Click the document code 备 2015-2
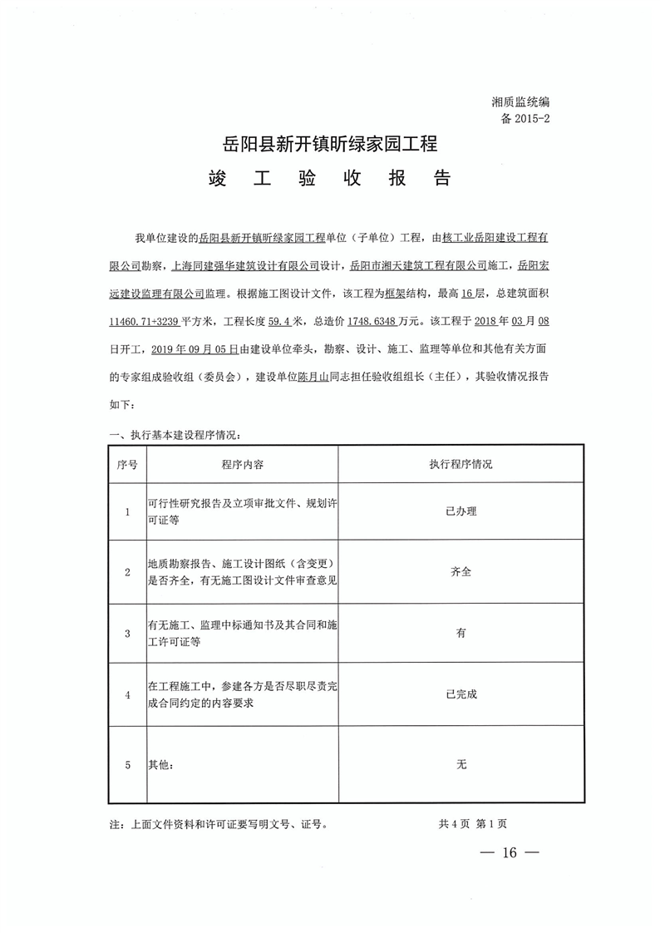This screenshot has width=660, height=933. (525, 118)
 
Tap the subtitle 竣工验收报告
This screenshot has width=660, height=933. (331, 179)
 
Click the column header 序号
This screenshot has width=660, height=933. (127, 464)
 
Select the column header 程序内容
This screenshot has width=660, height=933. (243, 464)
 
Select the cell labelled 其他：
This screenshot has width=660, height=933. (162, 764)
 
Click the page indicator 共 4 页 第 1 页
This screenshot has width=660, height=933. (472, 824)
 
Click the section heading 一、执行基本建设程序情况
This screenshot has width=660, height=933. (175, 435)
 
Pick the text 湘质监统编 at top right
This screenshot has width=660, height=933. (520, 101)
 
